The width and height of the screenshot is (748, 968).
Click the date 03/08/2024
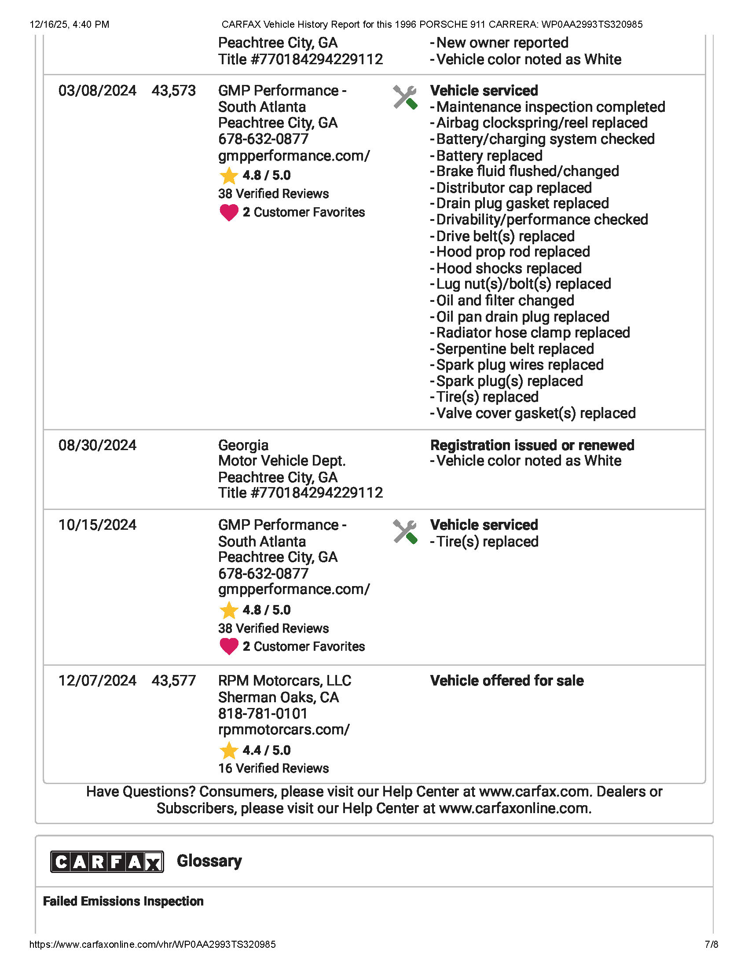[x=97, y=90]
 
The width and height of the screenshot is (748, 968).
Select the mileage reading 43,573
[x=173, y=90]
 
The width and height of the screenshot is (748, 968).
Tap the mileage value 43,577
[x=173, y=680]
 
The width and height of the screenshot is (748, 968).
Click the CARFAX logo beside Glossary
[x=107, y=862]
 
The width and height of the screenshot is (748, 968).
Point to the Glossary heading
[x=209, y=861]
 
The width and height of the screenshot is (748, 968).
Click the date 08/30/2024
[x=97, y=445]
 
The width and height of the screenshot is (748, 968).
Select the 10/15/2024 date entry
[x=97, y=525]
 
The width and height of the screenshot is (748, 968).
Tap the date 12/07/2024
[x=97, y=680]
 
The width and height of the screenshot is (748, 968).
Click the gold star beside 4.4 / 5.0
[x=229, y=750]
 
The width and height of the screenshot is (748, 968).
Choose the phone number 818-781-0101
[x=262, y=714]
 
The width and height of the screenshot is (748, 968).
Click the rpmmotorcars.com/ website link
[x=284, y=730]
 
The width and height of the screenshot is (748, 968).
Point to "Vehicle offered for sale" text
[x=506, y=680]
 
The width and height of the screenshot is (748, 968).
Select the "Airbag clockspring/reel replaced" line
[x=542, y=123]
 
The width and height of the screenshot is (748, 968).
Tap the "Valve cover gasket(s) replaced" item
[x=535, y=413]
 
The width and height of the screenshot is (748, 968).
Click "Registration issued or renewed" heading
[x=532, y=445]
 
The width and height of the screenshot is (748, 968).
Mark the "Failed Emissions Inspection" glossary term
[x=123, y=901]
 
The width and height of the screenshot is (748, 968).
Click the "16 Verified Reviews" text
[x=273, y=768]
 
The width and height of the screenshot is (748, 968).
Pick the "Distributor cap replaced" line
[x=513, y=187]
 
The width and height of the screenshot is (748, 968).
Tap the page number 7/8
[x=711, y=944]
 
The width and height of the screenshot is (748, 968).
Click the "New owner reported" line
[x=502, y=43]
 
